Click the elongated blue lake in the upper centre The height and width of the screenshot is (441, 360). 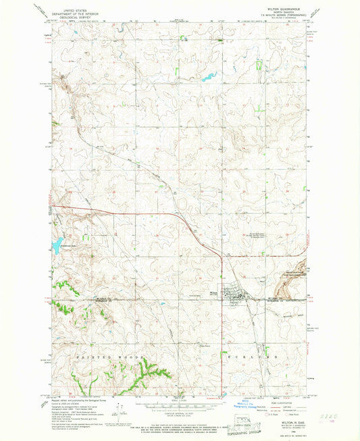click(208, 78)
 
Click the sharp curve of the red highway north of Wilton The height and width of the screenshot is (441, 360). click(221, 255)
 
